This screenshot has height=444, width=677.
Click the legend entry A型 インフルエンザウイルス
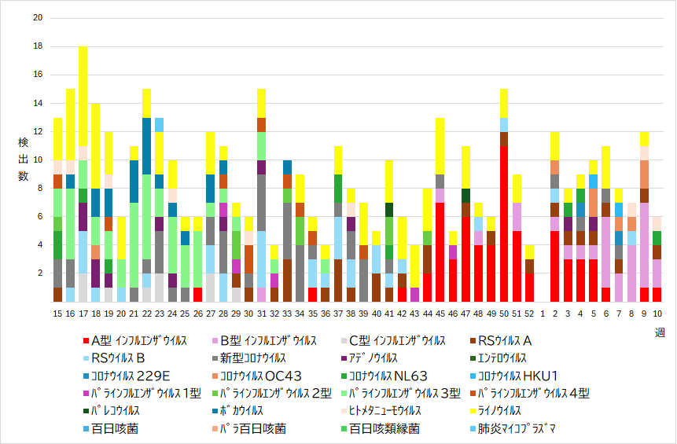pos(138,341)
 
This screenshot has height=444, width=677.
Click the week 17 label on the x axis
pos(83,313)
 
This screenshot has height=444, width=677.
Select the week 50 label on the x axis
pos(504,313)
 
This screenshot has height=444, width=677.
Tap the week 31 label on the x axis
pos(262,313)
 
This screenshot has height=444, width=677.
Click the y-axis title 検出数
pos(24,160)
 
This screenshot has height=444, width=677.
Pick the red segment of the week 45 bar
pos(440,251)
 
